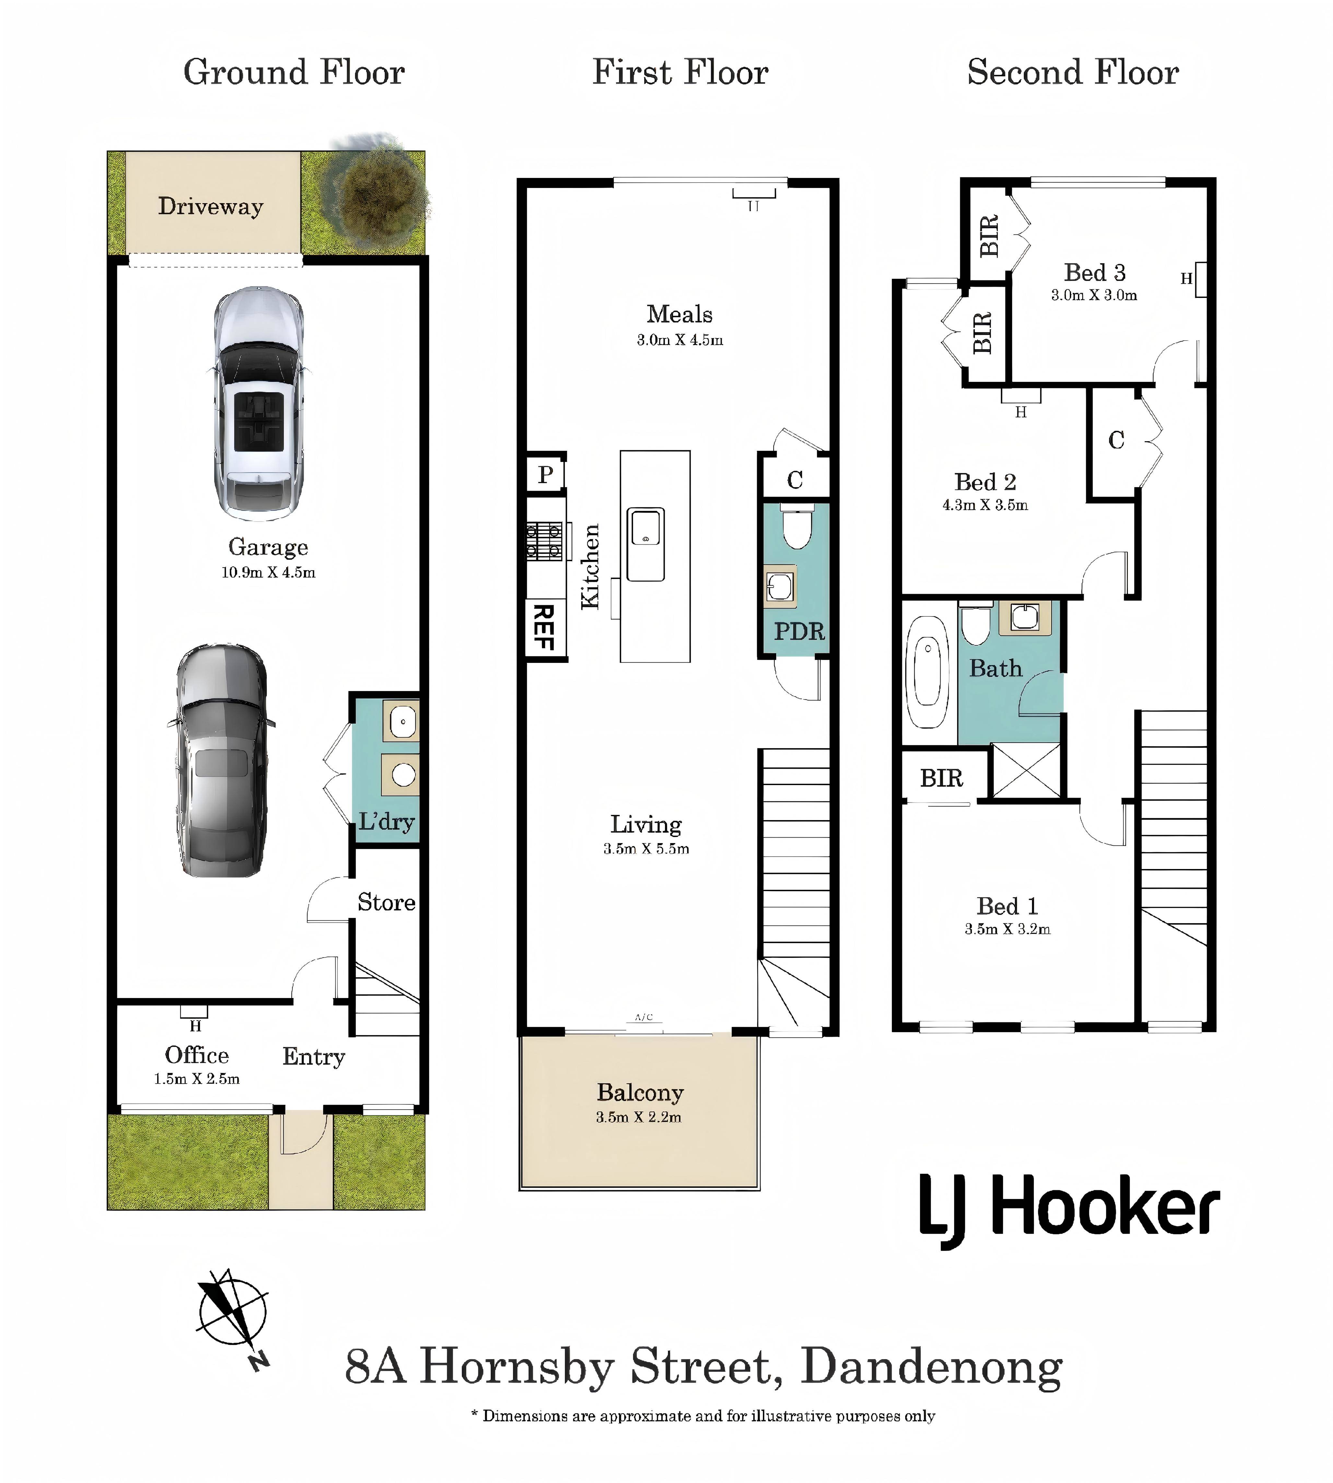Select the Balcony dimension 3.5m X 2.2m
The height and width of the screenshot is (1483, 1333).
(x=639, y=1117)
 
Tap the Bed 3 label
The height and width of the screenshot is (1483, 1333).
(x=1094, y=273)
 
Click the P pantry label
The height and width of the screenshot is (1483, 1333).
(x=546, y=475)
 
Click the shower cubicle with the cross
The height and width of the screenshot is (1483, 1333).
(x=1025, y=771)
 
